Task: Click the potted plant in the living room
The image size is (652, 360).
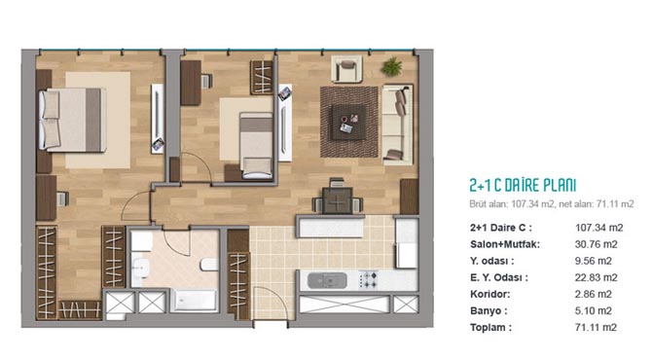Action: pos(392,66)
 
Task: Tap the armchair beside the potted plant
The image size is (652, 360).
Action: pos(346,69)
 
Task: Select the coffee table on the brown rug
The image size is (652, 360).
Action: pos(349,122)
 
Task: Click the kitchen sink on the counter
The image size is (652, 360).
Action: pos(327,280)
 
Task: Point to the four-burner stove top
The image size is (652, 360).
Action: pos(369,280)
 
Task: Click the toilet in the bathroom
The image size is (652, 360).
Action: pos(209,265)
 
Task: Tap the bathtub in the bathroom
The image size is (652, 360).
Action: pos(195,300)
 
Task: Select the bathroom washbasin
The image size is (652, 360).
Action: pos(141,267)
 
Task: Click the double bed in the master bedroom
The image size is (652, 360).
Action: pos(72,120)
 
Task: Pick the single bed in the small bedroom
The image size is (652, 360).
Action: pos(256,146)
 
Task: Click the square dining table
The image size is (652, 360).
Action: pos(338,200)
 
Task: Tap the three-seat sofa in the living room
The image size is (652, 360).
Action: pos(397,125)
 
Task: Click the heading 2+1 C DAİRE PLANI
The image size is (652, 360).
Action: pos(523,186)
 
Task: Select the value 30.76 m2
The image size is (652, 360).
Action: pos(596,244)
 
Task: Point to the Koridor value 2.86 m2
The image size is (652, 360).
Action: pos(593,294)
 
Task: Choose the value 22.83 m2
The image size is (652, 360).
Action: pos(596,277)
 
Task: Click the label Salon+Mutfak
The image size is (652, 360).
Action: pos(505,244)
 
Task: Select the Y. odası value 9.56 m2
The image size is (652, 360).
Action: pos(593,261)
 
